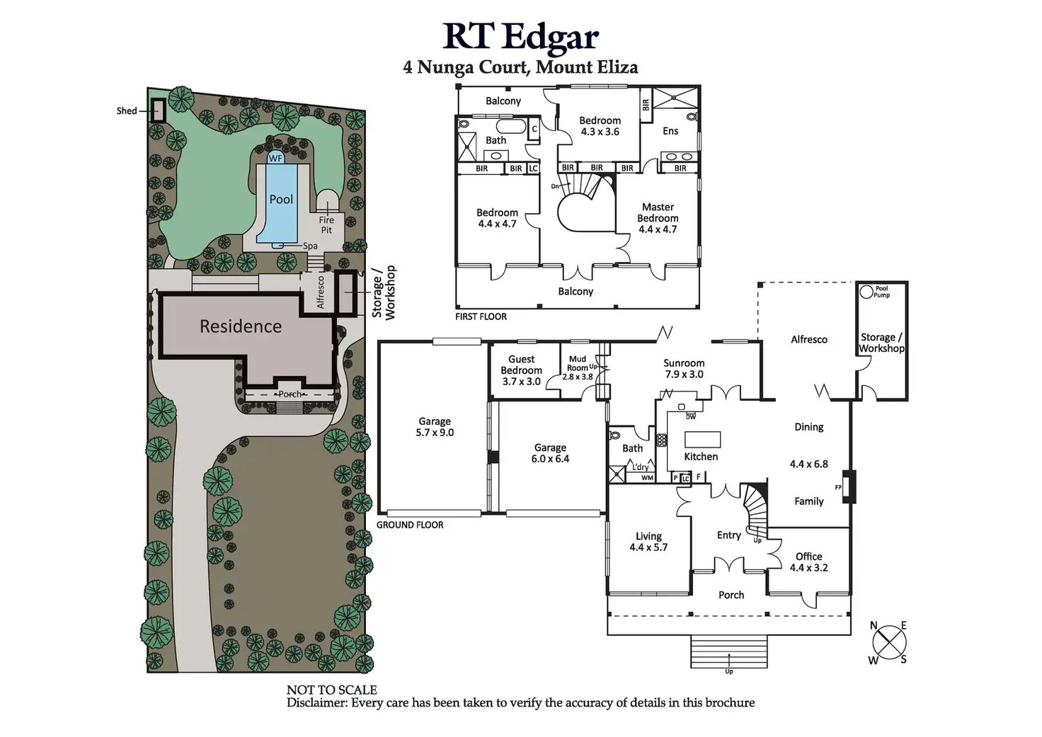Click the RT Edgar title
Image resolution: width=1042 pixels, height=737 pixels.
click(x=520, y=36)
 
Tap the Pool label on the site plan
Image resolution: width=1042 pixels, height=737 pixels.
click(x=281, y=200)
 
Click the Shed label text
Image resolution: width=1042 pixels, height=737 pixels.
click(x=127, y=111)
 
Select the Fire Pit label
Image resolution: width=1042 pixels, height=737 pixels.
click(x=326, y=225)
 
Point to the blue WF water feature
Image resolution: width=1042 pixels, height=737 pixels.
click(x=275, y=159)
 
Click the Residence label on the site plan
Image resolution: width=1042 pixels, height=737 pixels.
click(x=241, y=326)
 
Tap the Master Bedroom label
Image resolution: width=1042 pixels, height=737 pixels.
click(x=658, y=212)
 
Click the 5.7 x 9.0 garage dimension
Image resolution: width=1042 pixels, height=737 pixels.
click(x=435, y=433)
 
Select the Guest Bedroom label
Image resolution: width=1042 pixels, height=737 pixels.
click(x=522, y=365)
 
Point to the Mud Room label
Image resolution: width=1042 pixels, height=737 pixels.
click(x=578, y=363)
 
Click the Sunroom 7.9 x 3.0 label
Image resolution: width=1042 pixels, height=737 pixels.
click(x=684, y=368)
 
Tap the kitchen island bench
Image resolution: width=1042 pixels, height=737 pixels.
click(x=702, y=439)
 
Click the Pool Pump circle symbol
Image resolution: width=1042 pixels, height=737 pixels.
click(x=866, y=292)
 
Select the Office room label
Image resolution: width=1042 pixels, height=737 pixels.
click(x=808, y=556)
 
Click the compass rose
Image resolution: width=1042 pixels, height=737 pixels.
click(x=889, y=643)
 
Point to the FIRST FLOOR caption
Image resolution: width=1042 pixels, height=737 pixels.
click(x=481, y=316)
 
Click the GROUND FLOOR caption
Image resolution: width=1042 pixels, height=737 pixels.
click(x=410, y=525)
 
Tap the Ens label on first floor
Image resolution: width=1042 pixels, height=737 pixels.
click(x=670, y=131)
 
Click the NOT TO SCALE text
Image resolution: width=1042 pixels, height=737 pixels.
click(x=331, y=690)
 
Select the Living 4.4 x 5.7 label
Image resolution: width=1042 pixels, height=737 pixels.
click(x=648, y=542)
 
